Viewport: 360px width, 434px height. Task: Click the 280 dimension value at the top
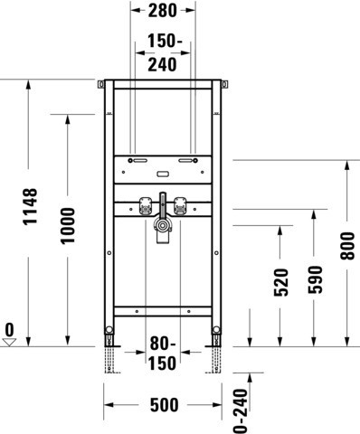click(x=163, y=11)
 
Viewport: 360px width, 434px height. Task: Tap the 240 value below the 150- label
click(x=162, y=65)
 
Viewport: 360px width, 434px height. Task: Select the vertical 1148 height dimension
click(x=31, y=206)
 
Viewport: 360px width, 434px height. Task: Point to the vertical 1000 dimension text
click(x=68, y=225)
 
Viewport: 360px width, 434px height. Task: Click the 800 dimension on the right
click(x=347, y=246)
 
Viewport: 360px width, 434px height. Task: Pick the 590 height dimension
click(x=315, y=279)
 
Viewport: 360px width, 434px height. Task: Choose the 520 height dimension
click(x=281, y=282)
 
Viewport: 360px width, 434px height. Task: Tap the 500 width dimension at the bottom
click(x=165, y=405)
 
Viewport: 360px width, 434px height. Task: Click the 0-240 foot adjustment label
click(x=241, y=411)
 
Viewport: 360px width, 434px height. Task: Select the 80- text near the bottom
click(x=163, y=344)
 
